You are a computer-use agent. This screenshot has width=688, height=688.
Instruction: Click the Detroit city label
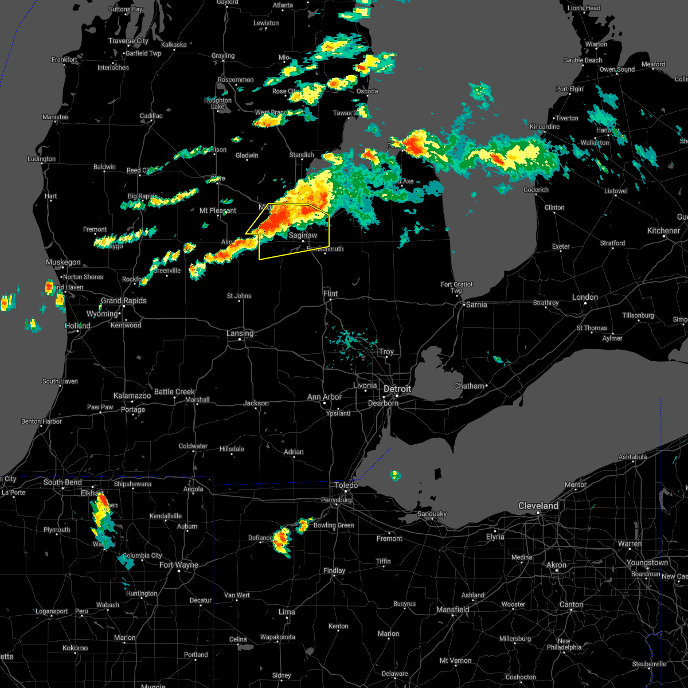[x=397, y=389]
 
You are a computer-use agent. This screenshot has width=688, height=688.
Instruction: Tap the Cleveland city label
[x=538, y=506]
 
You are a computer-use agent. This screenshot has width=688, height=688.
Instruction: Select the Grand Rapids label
[x=124, y=300]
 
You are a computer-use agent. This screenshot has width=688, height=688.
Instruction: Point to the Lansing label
[x=240, y=333]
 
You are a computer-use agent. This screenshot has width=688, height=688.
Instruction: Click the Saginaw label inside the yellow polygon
[x=303, y=235]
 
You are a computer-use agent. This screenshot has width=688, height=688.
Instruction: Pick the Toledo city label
[x=346, y=485]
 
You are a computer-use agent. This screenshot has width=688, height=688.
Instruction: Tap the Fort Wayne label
[x=179, y=565]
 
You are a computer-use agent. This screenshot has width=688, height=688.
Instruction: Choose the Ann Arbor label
[x=325, y=397]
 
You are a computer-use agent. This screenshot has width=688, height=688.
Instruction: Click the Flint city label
[x=330, y=294]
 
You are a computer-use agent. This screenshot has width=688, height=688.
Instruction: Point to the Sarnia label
[x=476, y=304]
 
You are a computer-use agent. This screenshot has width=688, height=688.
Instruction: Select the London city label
[x=585, y=297]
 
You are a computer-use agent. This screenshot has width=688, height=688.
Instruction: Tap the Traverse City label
[x=128, y=41]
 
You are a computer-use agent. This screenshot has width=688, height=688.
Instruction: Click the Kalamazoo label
[x=132, y=396]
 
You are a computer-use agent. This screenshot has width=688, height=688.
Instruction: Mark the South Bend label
[x=62, y=482]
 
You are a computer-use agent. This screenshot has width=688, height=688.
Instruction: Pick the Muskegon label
[x=63, y=262]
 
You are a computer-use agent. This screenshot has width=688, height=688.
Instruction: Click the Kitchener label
[x=663, y=230]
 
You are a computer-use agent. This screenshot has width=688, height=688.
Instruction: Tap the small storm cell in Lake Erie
[x=395, y=475]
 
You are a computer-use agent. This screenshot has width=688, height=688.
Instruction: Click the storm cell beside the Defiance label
[x=282, y=540]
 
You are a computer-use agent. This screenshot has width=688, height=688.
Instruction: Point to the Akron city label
[x=556, y=565]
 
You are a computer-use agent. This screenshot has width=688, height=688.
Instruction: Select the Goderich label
[x=536, y=190]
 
